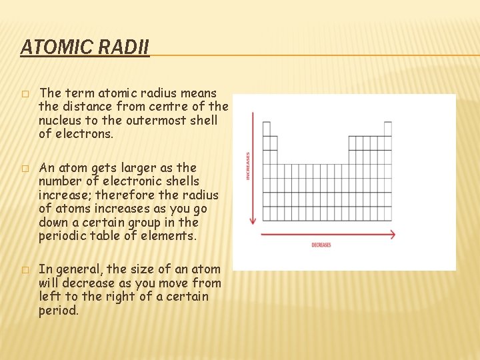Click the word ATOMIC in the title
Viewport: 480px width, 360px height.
click(48, 47)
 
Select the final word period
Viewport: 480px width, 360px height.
click(59, 311)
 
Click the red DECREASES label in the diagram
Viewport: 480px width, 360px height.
click(321, 245)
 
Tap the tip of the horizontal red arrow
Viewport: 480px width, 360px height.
click(395, 234)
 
